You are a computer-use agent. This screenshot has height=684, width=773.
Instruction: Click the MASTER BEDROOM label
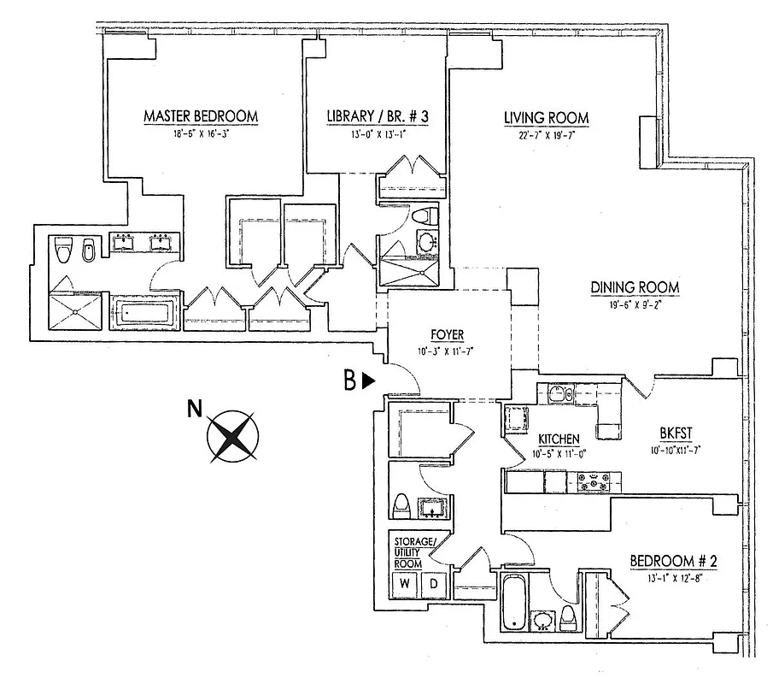click(201, 116)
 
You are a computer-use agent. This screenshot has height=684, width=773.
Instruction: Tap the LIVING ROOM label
click(546, 118)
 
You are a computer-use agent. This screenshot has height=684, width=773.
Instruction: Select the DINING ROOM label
click(635, 287)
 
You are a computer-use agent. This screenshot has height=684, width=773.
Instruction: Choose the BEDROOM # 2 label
click(672, 561)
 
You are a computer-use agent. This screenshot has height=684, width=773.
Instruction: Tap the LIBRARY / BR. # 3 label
click(377, 116)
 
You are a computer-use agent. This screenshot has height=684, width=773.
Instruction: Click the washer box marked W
click(404, 584)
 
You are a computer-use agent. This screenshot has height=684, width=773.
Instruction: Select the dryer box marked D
click(433, 584)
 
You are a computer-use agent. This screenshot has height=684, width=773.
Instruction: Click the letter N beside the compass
click(194, 409)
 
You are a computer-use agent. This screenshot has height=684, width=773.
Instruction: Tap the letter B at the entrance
click(349, 382)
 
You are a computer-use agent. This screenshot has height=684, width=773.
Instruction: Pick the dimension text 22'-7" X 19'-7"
click(546, 133)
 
